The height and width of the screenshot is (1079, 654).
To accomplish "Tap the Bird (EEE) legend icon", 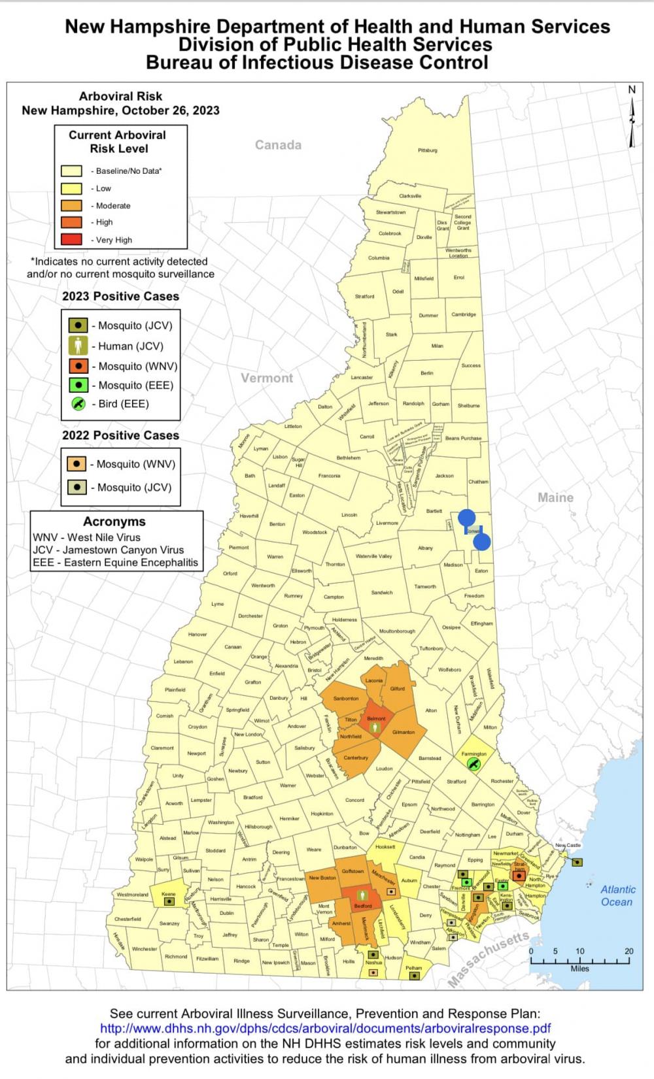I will coord(78,403).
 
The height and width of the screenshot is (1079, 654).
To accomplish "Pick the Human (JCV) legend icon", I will coord(78,346).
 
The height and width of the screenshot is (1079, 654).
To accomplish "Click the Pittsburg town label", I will coord(427,150).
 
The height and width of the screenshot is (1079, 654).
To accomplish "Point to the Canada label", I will coord(278,145).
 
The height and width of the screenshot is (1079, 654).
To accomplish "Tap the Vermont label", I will coord(267,378).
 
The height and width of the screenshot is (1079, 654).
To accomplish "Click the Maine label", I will coord(555,497).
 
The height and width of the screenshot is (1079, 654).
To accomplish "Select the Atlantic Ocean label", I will coord(617,895).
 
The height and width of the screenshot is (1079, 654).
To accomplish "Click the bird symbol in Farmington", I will coord(474,763).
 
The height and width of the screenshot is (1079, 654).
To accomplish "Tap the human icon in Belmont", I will coord(375,727).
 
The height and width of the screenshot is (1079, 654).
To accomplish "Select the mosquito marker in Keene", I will coord(169,901).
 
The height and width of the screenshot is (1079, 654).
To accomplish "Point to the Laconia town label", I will coord(374,680).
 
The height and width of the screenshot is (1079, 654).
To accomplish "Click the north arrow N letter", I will coord(632,90).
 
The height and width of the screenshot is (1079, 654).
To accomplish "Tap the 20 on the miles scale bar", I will coord(628,952).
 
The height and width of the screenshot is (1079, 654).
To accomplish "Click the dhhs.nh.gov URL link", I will coord(325,1028).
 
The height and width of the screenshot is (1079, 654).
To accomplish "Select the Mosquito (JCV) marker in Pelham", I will coord(413,976).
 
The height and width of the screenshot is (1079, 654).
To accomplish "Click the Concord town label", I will coord(354,800).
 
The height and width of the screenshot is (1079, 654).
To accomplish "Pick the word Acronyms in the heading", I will coord(114,522).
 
